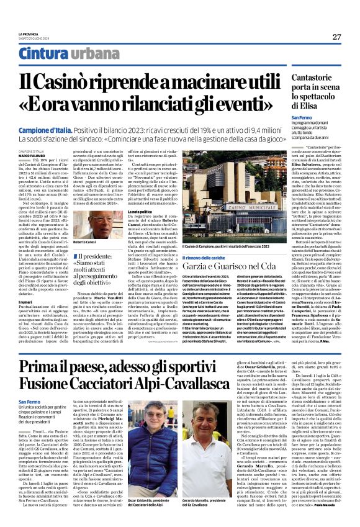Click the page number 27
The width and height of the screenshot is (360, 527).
tap(336, 37)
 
